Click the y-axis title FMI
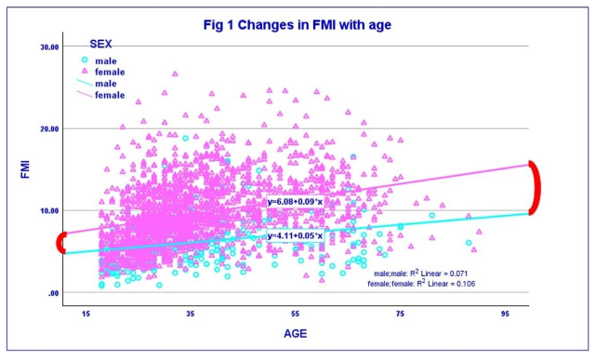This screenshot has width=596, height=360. pyautogui.click(x=26, y=170)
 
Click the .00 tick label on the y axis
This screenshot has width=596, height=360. pyautogui.click(x=52, y=293)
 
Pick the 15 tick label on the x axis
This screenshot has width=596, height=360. pyautogui.click(x=86, y=314)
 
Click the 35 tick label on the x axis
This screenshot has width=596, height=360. pyautogui.click(x=191, y=314)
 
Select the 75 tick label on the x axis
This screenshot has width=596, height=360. pyautogui.click(x=400, y=314)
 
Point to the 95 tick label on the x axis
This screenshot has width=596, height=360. pyautogui.click(x=505, y=314)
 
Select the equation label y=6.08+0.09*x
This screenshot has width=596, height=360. pyautogui.click(x=296, y=203)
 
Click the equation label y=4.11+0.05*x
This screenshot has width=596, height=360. pyautogui.click(x=296, y=236)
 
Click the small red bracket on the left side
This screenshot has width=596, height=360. pyautogui.click(x=60, y=243)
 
